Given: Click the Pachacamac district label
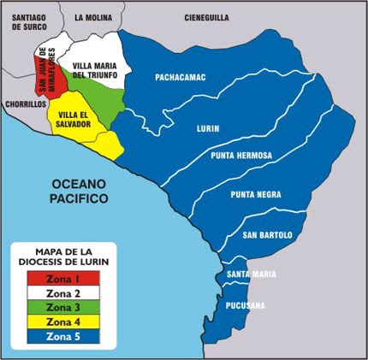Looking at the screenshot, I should (181, 77).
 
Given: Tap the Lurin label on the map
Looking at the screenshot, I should (207, 129).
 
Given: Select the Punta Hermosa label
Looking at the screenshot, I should (240, 156).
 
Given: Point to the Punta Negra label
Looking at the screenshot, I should (254, 194).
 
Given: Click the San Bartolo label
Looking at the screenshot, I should (267, 234).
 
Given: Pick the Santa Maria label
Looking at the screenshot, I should (251, 274).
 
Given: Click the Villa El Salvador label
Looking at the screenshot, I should (74, 119).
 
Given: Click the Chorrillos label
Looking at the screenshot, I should (23, 103).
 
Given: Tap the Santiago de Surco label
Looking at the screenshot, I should (27, 21).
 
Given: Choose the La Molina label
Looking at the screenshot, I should (93, 16).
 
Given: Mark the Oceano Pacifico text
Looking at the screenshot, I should (78, 192).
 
